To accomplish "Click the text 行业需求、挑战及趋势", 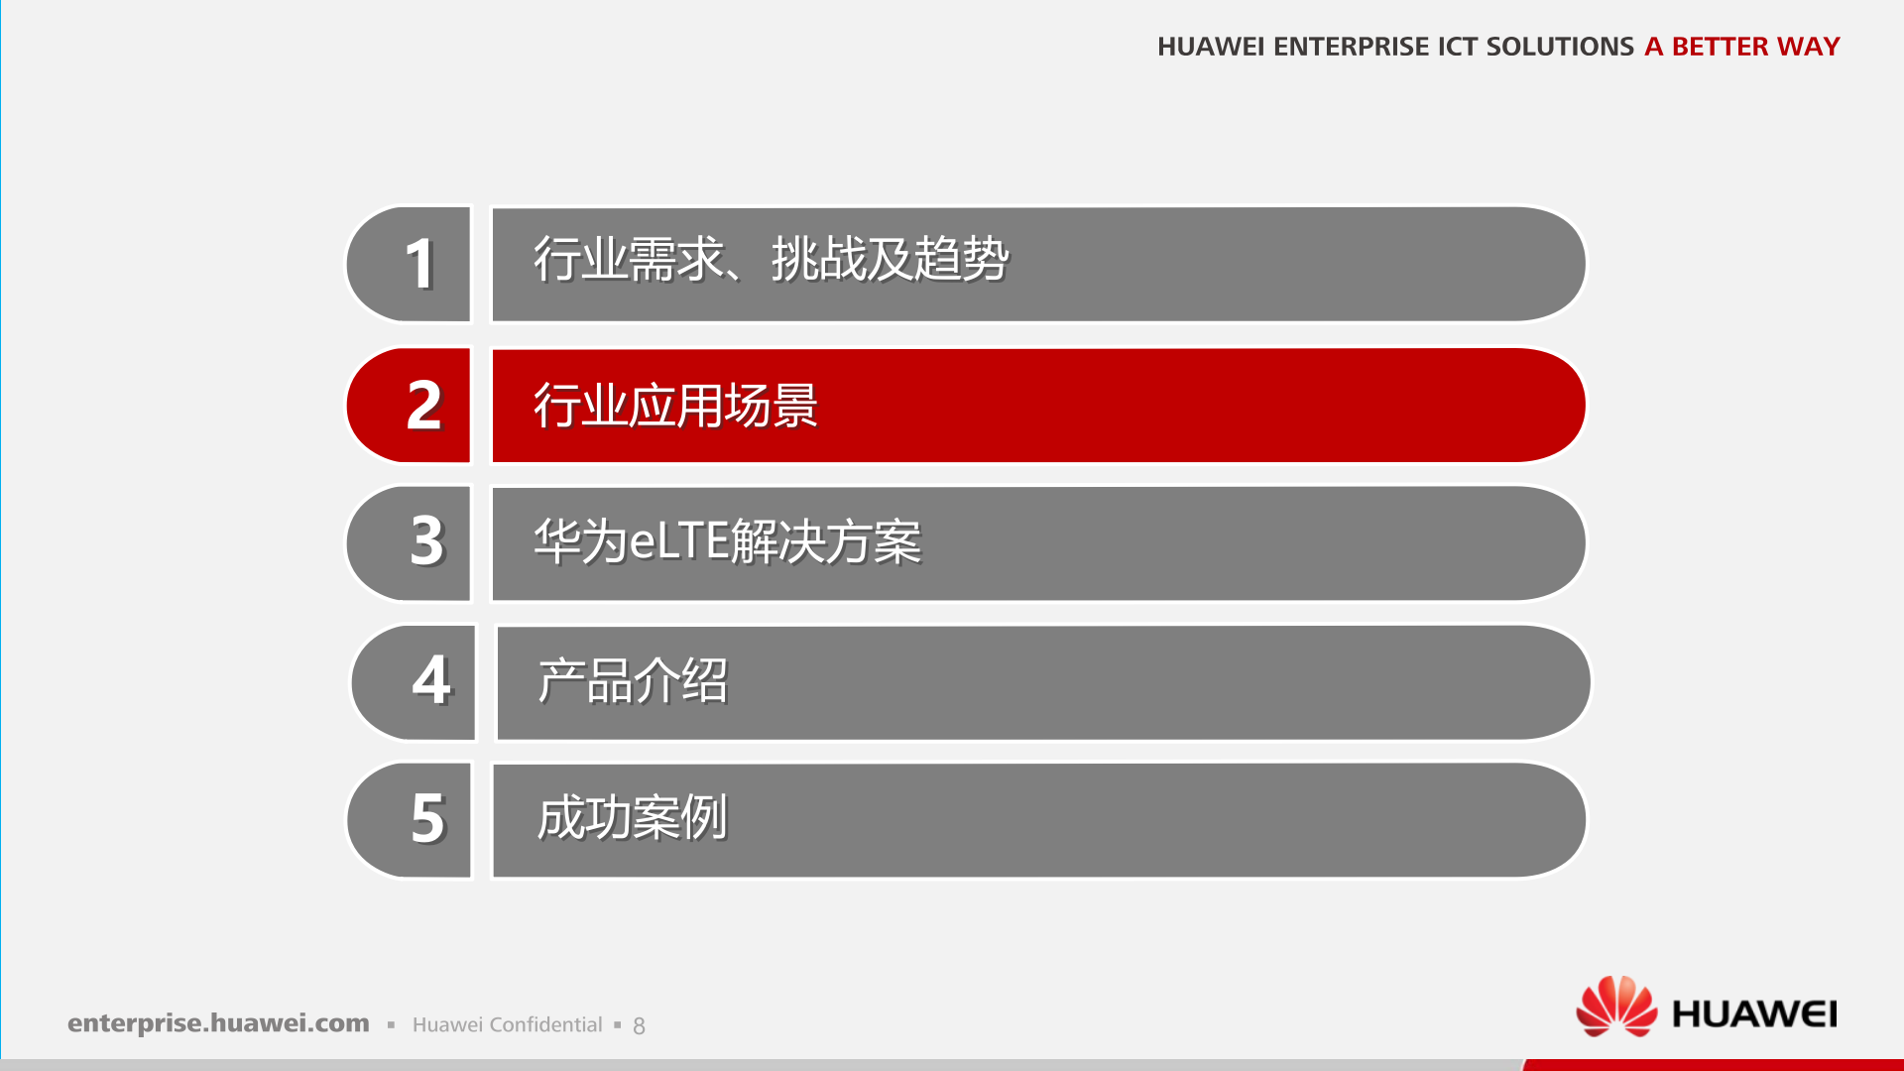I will [x=771, y=260].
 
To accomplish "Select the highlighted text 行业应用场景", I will [x=675, y=405].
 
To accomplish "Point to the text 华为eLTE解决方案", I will [x=727, y=542].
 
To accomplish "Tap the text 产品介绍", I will [x=633, y=681].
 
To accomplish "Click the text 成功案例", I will [x=632, y=818].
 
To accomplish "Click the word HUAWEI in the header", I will [x=1210, y=47].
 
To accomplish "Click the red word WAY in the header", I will [x=1808, y=47].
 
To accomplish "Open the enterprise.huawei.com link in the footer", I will [x=218, y=1023].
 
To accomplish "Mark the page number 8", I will [x=639, y=1026].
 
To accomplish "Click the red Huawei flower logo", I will [x=1616, y=1007].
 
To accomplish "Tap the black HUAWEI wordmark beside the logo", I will [x=1753, y=1014].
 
